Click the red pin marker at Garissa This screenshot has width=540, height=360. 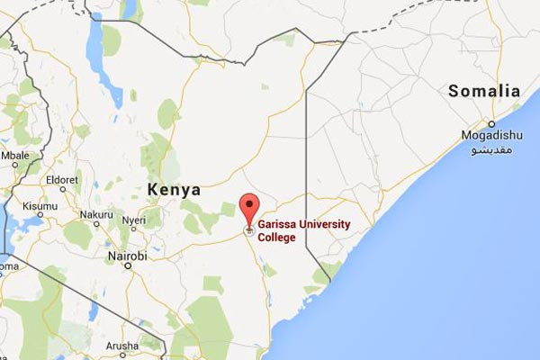(x=250, y=206)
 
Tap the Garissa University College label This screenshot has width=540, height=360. (x=302, y=230)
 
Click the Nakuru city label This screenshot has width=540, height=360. (x=96, y=214)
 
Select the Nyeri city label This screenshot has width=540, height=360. (x=134, y=220)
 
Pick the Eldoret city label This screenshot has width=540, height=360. (x=62, y=179)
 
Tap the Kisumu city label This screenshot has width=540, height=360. (x=40, y=205)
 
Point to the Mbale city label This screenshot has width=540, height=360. (x=15, y=154)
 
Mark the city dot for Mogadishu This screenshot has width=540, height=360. (x=491, y=124)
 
